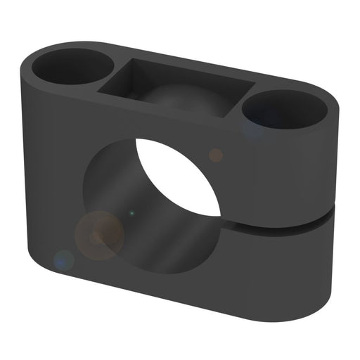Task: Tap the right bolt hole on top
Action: pos(285,108)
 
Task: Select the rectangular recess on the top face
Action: pos(176,88)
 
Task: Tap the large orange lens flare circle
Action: pos(100,235)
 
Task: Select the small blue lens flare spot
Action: pos(64,260)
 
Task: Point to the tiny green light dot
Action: pos(131,212)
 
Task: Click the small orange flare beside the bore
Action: pos(216,155)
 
